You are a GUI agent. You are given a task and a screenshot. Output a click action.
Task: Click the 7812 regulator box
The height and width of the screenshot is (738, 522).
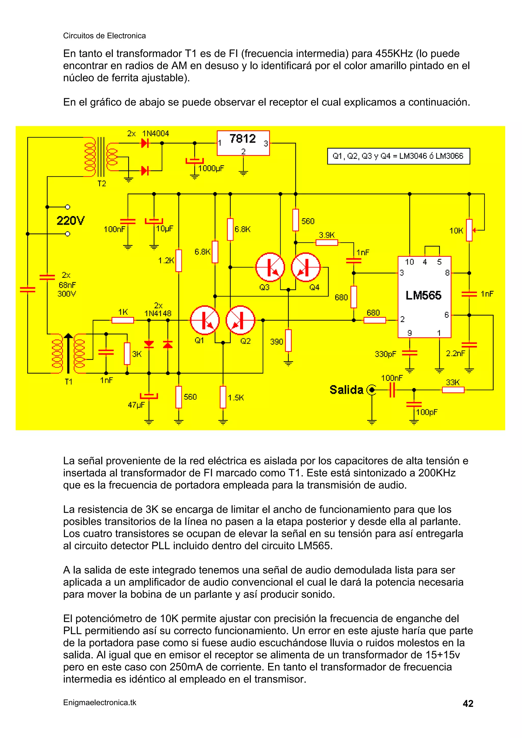243,143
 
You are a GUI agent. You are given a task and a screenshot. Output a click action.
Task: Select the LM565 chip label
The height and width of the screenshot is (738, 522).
423,295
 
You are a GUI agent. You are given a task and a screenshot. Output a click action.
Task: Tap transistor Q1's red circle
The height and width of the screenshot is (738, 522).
205,320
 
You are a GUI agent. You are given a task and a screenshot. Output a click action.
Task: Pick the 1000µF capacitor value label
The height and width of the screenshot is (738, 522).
211,168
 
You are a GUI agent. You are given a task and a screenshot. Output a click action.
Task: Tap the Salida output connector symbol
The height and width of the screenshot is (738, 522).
372,390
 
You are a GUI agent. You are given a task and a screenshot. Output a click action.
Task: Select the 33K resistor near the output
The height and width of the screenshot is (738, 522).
453,390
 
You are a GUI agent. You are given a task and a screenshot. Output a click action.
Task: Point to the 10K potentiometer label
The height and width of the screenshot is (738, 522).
456,231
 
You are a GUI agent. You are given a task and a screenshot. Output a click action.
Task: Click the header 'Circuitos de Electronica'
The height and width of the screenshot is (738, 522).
104,36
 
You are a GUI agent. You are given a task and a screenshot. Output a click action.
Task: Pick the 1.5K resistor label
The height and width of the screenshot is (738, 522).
236,398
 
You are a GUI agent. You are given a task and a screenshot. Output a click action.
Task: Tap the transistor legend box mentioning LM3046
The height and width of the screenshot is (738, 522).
398,156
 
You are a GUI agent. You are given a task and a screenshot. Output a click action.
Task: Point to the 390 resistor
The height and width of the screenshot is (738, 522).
289,340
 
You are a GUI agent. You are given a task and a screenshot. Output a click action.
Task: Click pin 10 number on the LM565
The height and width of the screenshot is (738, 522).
409,262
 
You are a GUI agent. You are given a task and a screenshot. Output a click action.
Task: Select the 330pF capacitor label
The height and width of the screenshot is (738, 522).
385,354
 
